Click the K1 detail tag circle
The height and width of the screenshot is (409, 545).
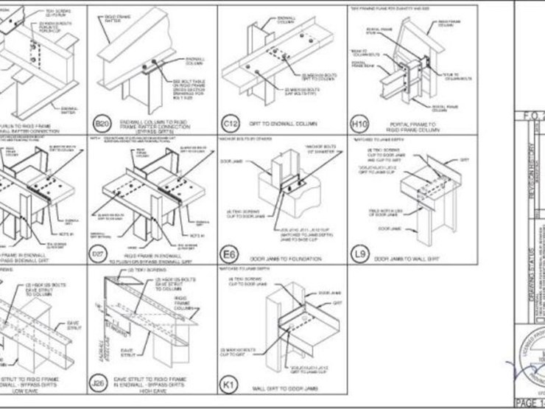pyautogui.click(x=229, y=382)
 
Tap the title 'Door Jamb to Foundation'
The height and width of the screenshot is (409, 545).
pyautogui.click(x=295, y=259)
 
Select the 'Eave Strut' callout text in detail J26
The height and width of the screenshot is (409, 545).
pyautogui.click(x=127, y=353)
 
